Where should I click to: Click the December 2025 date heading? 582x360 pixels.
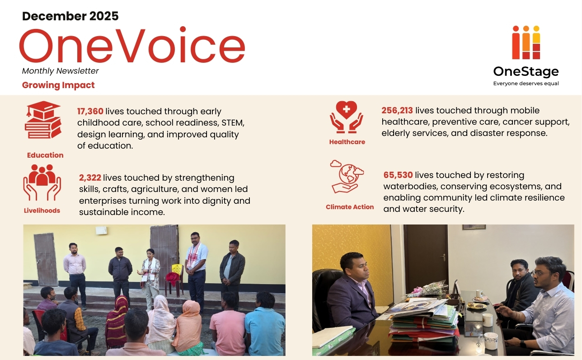tap(70, 16)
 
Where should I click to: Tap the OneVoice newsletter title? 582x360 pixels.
tap(132, 45)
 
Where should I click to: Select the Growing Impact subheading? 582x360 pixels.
tap(58, 85)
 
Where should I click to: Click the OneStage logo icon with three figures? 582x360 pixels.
tap(526, 42)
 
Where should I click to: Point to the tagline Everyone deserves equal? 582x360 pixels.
tap(526, 84)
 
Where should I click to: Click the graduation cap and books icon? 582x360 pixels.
tap(43, 120)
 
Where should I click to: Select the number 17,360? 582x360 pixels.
tap(90, 111)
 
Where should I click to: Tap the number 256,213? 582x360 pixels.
tap(397, 110)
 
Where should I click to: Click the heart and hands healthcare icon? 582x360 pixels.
tap(346, 117)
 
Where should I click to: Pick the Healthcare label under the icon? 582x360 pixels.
tap(347, 142)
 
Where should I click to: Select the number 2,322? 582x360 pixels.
tap(90, 178)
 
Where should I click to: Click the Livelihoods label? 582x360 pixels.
tap(42, 210)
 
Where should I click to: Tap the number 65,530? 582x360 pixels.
tap(398, 175)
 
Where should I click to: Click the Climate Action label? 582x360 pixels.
tap(350, 207)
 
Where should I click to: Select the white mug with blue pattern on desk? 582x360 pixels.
tap(491, 340)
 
